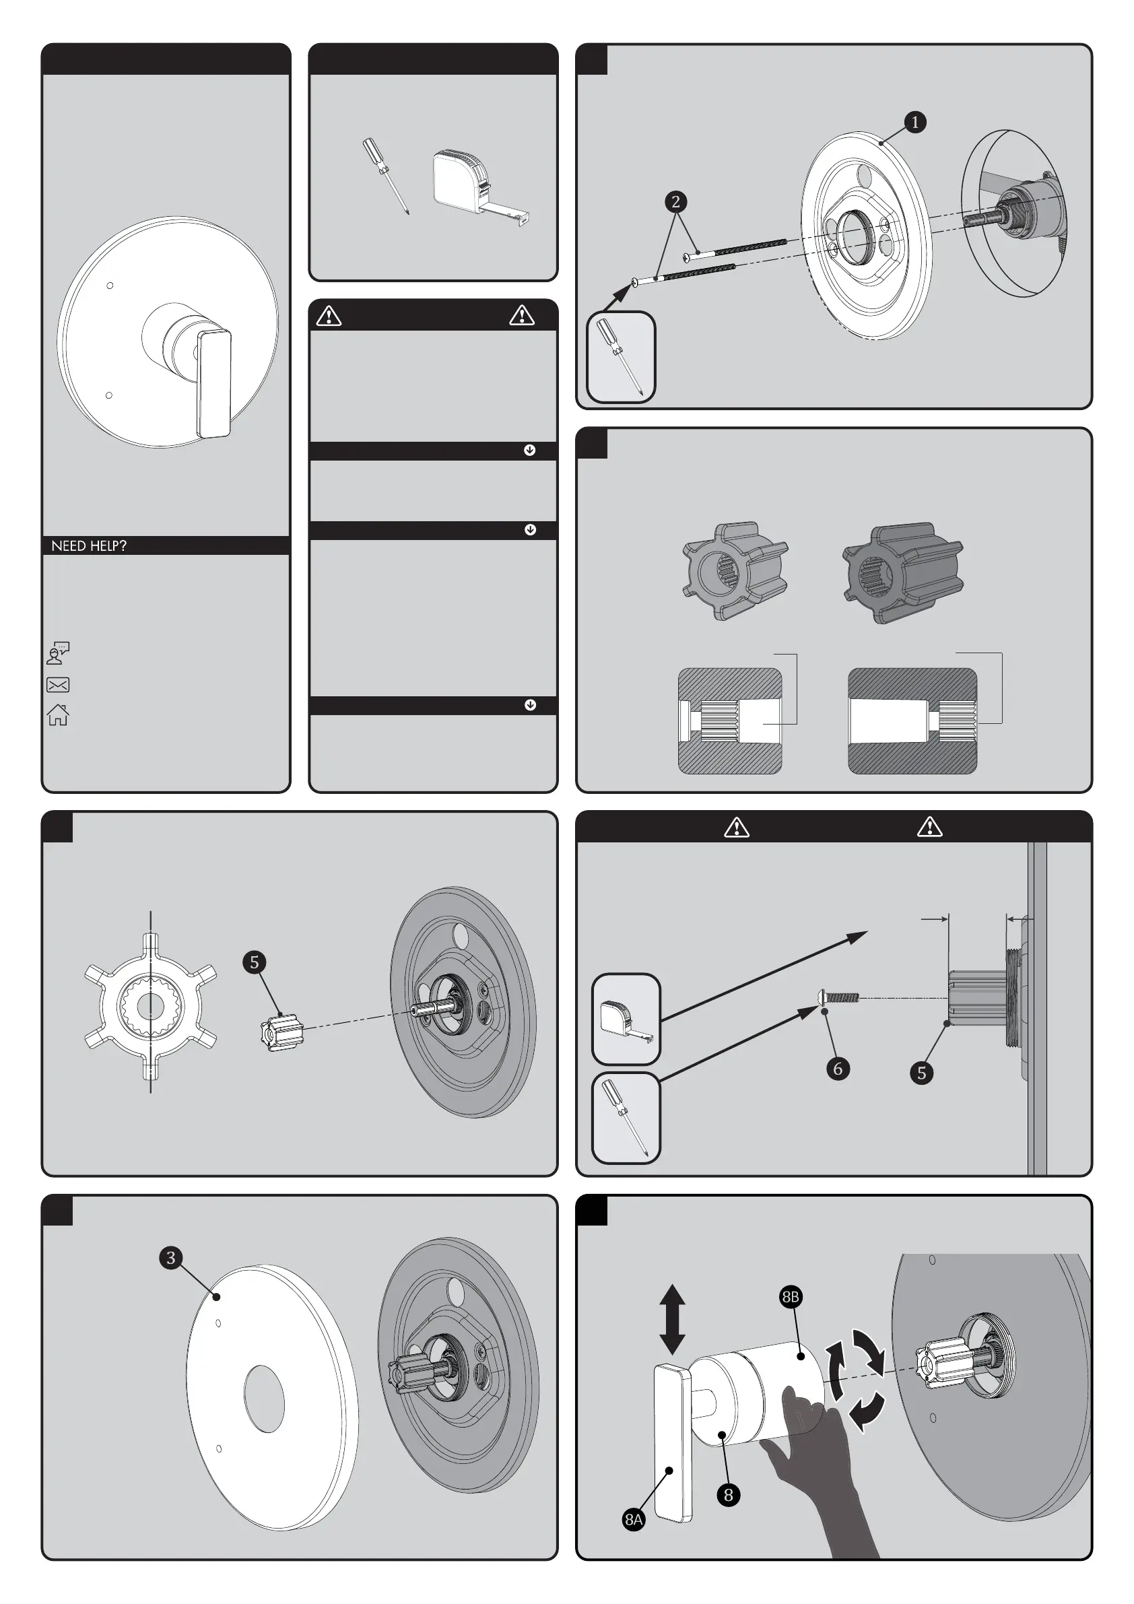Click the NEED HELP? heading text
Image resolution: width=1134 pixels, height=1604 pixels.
click(x=89, y=545)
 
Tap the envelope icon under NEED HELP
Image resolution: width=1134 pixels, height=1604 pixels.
click(x=58, y=685)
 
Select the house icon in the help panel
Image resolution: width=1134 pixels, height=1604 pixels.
click(x=58, y=714)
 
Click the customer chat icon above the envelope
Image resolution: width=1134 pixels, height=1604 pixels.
click(x=58, y=653)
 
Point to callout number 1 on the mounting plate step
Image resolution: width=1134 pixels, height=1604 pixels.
click(x=914, y=123)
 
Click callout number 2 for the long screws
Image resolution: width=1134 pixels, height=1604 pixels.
click(x=675, y=202)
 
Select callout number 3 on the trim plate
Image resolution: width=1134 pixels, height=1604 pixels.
click(x=170, y=1258)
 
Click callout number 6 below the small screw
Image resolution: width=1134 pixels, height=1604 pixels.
click(x=838, y=1068)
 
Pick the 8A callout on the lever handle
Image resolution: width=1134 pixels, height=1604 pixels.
click(x=633, y=1518)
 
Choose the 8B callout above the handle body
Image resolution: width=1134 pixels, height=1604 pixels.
click(x=791, y=1298)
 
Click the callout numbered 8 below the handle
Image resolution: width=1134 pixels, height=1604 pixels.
click(x=728, y=1495)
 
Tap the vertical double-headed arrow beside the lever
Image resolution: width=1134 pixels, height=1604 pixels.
click(x=671, y=1319)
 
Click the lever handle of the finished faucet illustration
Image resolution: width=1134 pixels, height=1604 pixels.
click(x=214, y=385)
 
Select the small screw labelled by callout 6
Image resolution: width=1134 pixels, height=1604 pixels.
click(x=838, y=997)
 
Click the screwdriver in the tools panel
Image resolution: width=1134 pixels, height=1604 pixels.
click(x=385, y=175)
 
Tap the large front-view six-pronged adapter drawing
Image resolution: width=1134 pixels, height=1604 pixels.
click(x=150, y=1006)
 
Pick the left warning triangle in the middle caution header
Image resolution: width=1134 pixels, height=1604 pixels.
click(x=329, y=316)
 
